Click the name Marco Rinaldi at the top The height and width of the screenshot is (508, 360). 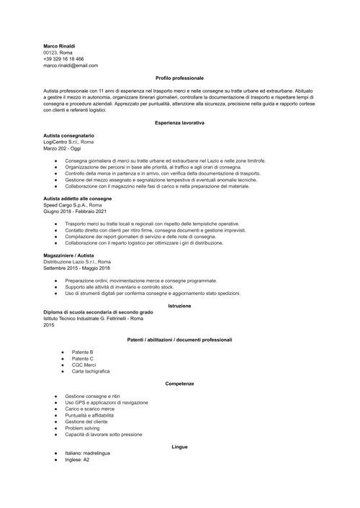tap(59, 46)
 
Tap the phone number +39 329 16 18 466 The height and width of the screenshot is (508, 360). tap(63, 59)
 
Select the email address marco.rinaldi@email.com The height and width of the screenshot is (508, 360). tap(71, 65)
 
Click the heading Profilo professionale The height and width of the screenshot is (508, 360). tap(179, 78)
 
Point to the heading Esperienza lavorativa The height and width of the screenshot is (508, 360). tap(179, 123)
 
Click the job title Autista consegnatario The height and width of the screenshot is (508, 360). tap(68, 135)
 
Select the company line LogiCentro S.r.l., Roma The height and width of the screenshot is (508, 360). tap(68, 142)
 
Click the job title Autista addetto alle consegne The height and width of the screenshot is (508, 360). tap(77, 198)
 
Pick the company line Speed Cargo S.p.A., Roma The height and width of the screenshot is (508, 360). tap(72, 204)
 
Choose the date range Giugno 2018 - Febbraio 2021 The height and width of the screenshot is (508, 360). tap(75, 211)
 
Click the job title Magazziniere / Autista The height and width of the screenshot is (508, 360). tap(70, 255)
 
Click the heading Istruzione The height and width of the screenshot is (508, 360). tap(179, 306)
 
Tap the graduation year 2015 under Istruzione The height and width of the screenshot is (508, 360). tap(49, 325)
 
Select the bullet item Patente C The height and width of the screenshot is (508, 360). tap(82, 358)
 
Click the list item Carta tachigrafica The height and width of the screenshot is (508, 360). tap(91, 371)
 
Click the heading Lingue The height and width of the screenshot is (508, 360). tap(179, 447)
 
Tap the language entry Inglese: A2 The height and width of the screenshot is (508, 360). tap(77, 459)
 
